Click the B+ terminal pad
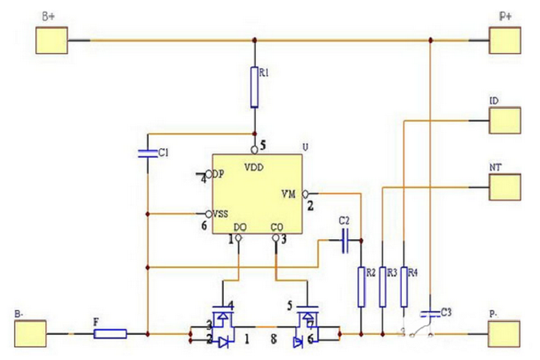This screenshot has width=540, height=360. click(x=50, y=40)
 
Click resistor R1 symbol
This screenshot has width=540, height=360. click(x=254, y=88)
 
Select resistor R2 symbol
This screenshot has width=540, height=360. click(x=361, y=286)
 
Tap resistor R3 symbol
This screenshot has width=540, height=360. click(x=383, y=286)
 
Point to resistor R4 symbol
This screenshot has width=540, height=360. click(x=404, y=286)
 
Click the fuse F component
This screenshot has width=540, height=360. click(x=110, y=334)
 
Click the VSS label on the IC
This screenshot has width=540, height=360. click(x=221, y=213)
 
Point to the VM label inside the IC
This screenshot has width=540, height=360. click(x=288, y=194)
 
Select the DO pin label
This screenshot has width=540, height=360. click(x=240, y=228)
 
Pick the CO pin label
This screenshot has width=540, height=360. click(x=276, y=228)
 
